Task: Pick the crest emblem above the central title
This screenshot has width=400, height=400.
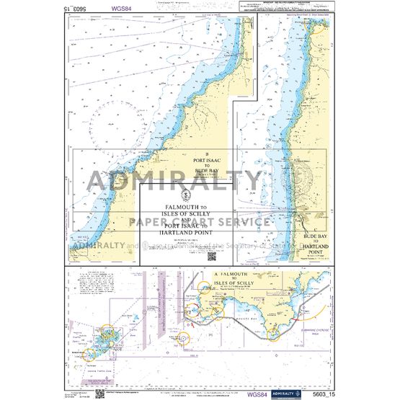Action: click(x=186, y=193)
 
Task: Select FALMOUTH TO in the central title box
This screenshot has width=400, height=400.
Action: click(x=186, y=208)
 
